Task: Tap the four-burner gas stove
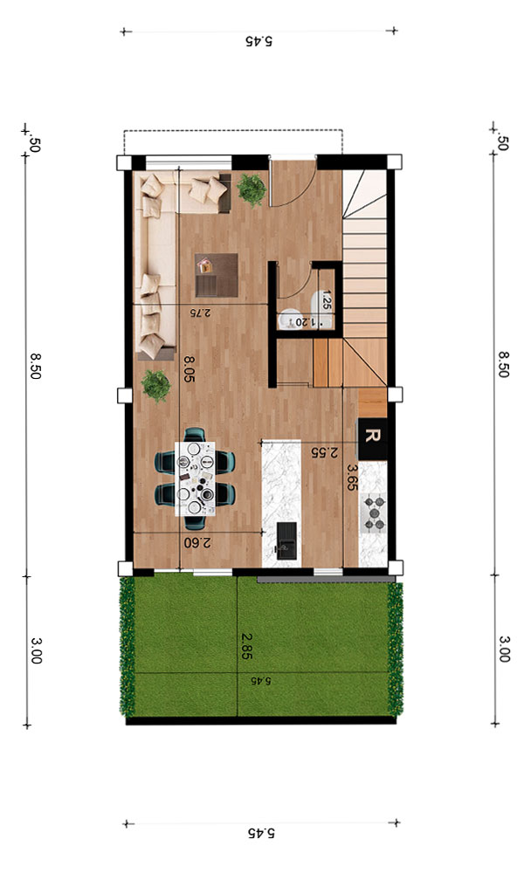tap(374, 512)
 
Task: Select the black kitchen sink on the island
tap(287, 541)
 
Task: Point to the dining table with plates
tap(195, 478)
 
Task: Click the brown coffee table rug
tap(217, 275)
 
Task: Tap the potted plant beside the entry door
tap(251, 189)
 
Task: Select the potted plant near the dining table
tap(155, 385)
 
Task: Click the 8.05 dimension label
tap(189, 368)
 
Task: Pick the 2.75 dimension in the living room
tap(200, 313)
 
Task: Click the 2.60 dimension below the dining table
tap(197, 543)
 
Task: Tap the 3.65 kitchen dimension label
tap(352, 477)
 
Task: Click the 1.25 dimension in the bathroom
tap(326, 300)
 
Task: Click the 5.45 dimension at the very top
tap(259, 41)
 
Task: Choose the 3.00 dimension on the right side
tap(504, 649)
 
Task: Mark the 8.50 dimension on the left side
tap(35, 366)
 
